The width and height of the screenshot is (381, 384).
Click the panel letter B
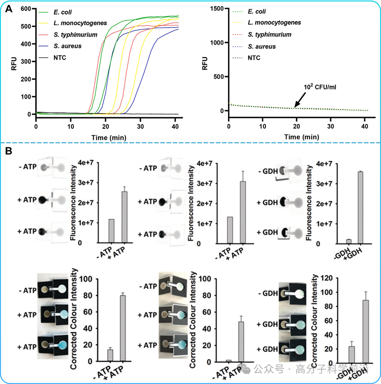[x=9, y=151]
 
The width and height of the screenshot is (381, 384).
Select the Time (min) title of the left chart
[x=109, y=137]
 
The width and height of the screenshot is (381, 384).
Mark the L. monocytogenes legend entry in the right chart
[x=275, y=23]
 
